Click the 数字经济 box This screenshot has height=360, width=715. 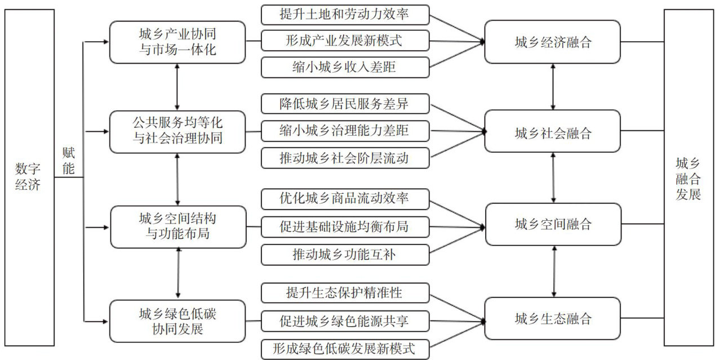tap(29, 177)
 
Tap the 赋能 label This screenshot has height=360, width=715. tap(68, 161)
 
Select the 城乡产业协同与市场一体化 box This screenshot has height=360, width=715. tap(177, 42)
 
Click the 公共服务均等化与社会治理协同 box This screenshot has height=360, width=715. tap(177, 132)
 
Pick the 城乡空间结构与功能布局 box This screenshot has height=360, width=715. tap(177, 226)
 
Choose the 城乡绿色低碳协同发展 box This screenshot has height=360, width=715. tap(177, 321)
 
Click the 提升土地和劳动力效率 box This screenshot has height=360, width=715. tap(345, 15)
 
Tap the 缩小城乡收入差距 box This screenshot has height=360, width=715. tap(345, 68)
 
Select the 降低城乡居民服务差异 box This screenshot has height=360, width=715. tap(345, 104)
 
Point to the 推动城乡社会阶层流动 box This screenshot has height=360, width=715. tap(345, 158)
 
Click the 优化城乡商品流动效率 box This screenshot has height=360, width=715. tap(345, 199)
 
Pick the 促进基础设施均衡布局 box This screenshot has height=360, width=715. tap(345, 226)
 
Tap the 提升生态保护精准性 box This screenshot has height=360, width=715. tap(345, 293)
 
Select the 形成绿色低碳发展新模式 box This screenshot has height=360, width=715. tap(345, 348)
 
